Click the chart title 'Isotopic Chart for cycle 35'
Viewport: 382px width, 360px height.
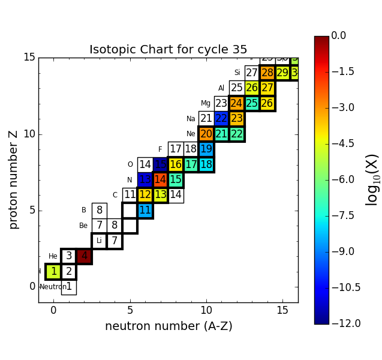pos(168,50)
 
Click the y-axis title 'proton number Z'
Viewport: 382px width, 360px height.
pos(14,179)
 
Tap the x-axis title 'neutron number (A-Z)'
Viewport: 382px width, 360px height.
pos(169,326)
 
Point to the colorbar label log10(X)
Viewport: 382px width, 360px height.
pos(372,179)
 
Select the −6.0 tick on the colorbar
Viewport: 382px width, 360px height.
pos(339,179)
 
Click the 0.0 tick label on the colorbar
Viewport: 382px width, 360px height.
pos(339,36)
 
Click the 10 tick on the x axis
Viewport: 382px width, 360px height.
pos(206,310)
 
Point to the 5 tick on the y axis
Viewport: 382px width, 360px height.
pos(32,210)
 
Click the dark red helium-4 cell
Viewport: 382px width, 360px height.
pos(84,256)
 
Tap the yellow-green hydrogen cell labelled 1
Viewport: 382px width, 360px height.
pos(53,272)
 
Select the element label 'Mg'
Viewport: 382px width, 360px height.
pos(206,104)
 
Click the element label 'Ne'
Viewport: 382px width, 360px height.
pos(191,134)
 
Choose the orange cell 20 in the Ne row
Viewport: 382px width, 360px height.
pos(206,134)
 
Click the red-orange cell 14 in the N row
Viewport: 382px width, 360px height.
pos(160,179)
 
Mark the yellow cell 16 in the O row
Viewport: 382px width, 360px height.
pos(175,164)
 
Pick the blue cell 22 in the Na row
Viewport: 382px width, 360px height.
pos(221,119)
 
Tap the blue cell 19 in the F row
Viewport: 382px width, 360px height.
pos(206,149)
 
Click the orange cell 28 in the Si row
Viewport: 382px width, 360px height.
pos(267,73)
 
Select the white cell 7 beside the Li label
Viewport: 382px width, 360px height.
pos(115,241)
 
